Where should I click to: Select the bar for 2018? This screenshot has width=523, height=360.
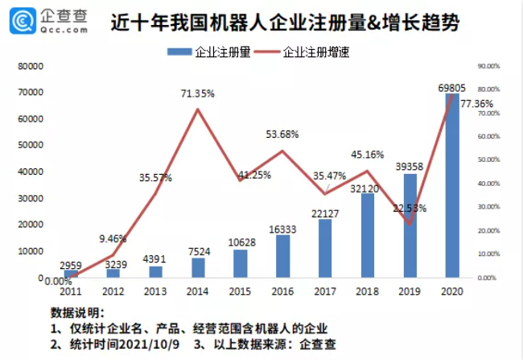click(x=368, y=235)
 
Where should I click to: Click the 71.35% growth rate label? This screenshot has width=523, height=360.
click(x=197, y=93)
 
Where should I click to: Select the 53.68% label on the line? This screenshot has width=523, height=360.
click(x=282, y=134)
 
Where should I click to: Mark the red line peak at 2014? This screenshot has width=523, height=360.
click(x=197, y=109)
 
